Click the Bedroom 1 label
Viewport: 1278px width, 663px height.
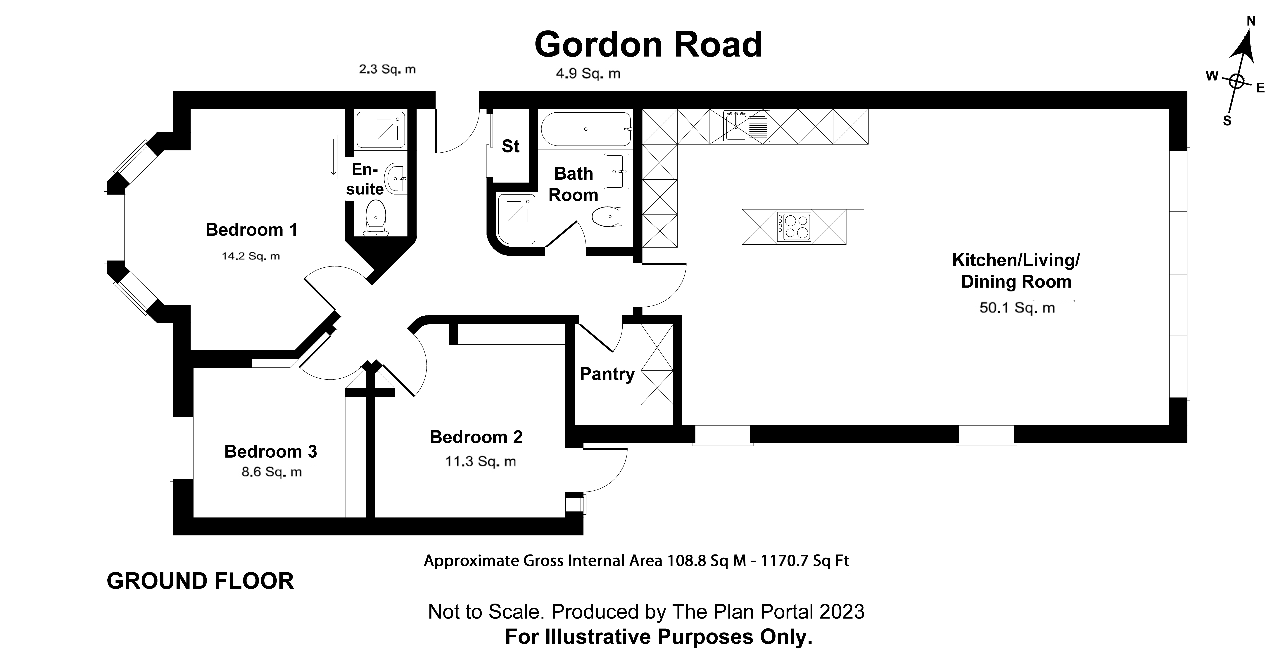(252, 230)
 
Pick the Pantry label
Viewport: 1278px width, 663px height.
(607, 374)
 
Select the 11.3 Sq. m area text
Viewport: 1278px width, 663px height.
(480, 461)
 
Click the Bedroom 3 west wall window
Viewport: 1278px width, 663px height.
(173, 448)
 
